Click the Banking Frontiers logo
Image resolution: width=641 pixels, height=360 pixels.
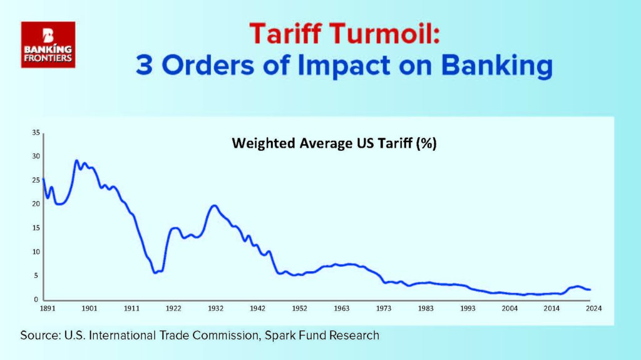click(x=48, y=44)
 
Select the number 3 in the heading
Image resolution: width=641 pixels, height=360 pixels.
click(x=145, y=65)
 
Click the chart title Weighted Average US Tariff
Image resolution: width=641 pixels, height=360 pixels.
click(x=334, y=143)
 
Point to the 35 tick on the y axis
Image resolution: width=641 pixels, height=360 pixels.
click(x=36, y=133)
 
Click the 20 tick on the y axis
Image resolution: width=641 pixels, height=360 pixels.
click(x=36, y=203)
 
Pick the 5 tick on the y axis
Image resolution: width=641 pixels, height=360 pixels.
click(x=36, y=275)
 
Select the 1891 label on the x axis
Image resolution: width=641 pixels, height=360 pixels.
click(x=48, y=309)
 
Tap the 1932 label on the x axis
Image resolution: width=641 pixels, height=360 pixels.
click(x=215, y=309)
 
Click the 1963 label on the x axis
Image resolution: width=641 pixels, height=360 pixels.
click(x=341, y=309)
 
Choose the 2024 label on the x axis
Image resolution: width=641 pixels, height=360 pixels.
click(x=593, y=309)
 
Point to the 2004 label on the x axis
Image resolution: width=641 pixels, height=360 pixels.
click(x=510, y=309)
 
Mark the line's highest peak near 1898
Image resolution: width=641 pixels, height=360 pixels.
click(x=76, y=160)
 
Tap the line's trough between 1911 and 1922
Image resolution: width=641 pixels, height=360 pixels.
click(x=155, y=272)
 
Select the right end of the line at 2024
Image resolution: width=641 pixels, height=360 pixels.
click(x=590, y=290)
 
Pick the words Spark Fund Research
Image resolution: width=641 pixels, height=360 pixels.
click(x=322, y=336)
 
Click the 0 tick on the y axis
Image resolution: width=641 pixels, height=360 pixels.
click(x=36, y=300)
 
